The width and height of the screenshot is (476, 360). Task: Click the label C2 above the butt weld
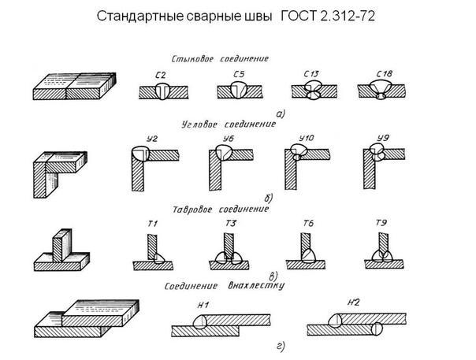tap(160, 76)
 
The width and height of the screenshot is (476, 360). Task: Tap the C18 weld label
tap(385, 74)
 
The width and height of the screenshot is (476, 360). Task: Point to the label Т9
tap(381, 223)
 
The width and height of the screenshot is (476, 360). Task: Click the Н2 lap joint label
tap(353, 302)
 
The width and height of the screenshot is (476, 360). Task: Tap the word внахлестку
tap(256, 286)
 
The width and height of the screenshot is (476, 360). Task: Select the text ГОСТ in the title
tap(299, 16)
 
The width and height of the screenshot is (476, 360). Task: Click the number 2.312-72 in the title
tap(348, 16)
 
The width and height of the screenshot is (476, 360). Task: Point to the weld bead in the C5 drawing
tap(239, 90)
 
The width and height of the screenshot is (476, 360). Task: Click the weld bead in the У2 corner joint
tap(140, 154)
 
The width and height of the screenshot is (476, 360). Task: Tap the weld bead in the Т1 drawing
tap(158, 258)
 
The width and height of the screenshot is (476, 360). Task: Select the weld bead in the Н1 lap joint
tap(200, 322)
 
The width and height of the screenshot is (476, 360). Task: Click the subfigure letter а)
tap(281, 113)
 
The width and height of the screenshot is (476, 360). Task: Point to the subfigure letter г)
tap(281, 347)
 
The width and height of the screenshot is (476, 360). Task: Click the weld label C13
tap(311, 74)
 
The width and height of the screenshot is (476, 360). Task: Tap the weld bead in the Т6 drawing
tap(309, 256)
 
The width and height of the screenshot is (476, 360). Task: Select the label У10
tap(306, 139)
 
